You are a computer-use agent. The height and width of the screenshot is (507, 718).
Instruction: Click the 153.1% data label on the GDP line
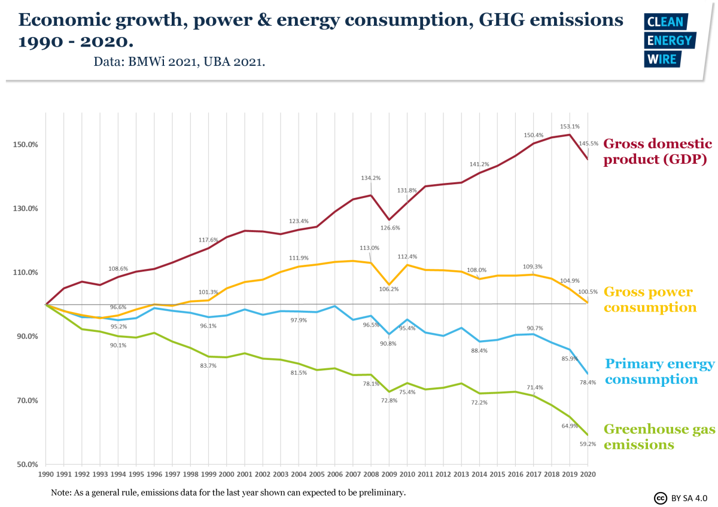tap(570, 127)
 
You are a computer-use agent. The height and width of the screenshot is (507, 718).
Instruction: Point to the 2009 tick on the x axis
tap(390, 474)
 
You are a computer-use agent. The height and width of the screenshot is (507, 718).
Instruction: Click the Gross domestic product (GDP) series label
tap(657, 152)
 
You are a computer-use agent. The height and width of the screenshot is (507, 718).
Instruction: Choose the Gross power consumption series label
tap(650, 300)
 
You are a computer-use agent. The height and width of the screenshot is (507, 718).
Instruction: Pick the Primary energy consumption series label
tap(659, 372)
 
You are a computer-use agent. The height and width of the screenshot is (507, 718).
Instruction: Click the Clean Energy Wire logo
tap(668, 40)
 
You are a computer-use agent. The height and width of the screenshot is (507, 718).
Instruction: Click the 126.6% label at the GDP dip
tap(390, 228)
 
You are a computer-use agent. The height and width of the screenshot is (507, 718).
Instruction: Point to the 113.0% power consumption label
tap(369, 248)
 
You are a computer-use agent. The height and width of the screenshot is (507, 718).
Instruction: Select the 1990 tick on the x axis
tap(46, 474)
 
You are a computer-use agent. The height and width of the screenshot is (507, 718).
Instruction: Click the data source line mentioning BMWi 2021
tap(179, 62)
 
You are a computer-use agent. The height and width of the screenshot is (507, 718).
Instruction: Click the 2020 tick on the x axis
tap(588, 474)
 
